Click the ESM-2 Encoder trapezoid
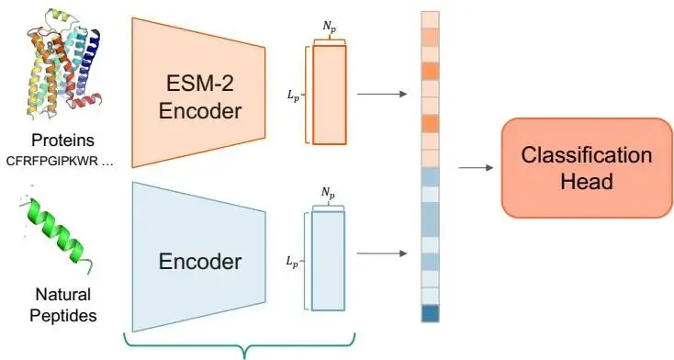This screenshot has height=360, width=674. tap(198, 93)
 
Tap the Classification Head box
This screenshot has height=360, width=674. tap(587, 168)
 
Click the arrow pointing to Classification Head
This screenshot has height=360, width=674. tap(476, 167)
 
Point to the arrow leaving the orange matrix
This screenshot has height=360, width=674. tap(382, 94)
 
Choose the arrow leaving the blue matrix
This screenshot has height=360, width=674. tap(382, 253)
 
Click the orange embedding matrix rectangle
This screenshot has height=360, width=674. tap(330, 96)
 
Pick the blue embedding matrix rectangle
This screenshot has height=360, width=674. tap(328, 261)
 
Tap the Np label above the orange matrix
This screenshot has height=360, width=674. tap(330, 27)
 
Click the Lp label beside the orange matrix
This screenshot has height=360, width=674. tap(293, 96)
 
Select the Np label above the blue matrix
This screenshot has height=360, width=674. tap(328, 193)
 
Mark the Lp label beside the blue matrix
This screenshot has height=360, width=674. tap(292, 262)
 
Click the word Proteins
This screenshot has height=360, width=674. tap(62, 141)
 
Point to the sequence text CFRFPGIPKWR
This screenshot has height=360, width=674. tap(52, 162)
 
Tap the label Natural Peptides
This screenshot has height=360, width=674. tap(63, 305)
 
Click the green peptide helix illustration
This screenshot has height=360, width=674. tap(56, 231)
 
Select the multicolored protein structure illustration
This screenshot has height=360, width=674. tap(64, 62)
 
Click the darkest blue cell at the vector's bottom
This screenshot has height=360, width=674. tap(431, 313)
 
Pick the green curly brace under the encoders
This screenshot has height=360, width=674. tap(240, 345)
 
